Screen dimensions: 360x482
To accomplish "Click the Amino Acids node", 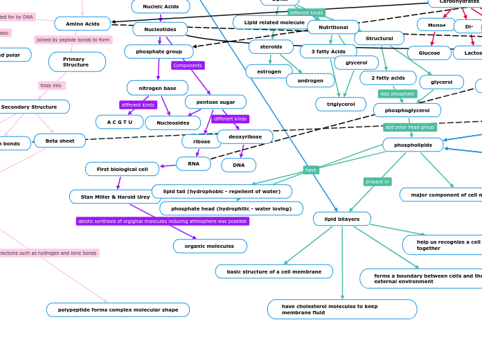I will [x=82, y=24].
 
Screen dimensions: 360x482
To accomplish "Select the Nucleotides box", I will [x=160, y=29].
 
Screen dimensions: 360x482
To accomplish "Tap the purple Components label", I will [x=188, y=66].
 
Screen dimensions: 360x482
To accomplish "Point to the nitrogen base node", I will [x=157, y=88].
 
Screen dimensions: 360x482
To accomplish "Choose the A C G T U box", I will [x=119, y=122].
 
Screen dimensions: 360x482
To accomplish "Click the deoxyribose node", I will [x=245, y=136].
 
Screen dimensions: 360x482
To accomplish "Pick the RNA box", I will [x=193, y=164].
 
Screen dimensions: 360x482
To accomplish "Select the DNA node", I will [x=238, y=165].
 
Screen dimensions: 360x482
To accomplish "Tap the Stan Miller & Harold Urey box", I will [x=115, y=197].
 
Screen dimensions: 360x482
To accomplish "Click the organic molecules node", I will [x=210, y=246].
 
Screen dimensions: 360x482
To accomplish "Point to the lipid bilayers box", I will [x=341, y=219].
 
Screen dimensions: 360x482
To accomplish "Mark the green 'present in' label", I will [x=377, y=182].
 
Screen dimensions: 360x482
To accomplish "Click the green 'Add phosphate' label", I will [x=398, y=93].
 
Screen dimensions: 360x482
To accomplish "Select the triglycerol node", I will [x=341, y=104].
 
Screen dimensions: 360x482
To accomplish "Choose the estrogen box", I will [x=269, y=71].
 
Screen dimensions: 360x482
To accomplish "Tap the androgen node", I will [x=310, y=80].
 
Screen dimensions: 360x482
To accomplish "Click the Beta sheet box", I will [x=60, y=141].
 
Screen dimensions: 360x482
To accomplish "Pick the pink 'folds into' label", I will [x=51, y=86].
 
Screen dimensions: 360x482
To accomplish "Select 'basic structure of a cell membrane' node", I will [x=274, y=271].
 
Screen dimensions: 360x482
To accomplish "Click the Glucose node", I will [x=429, y=53].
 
